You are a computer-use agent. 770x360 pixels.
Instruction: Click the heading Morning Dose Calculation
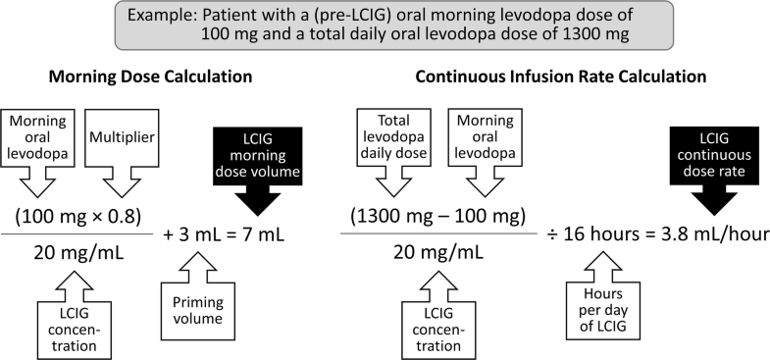[158, 77]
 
